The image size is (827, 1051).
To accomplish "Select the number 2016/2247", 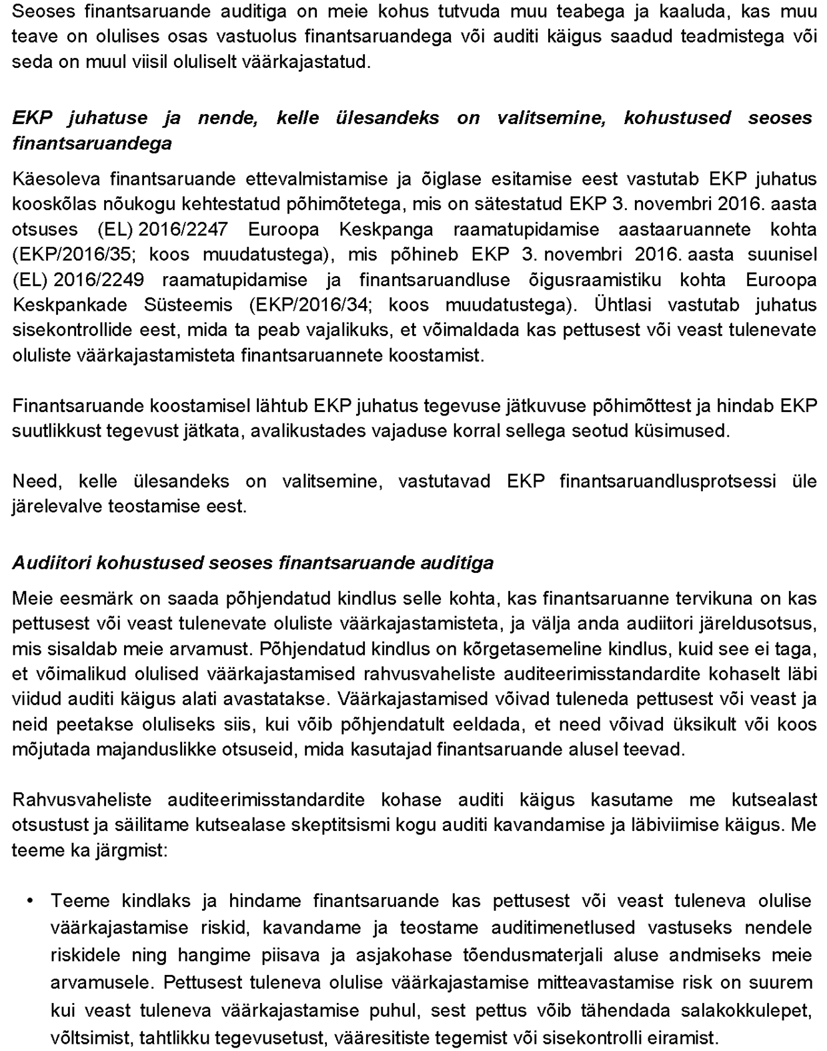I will [x=183, y=229].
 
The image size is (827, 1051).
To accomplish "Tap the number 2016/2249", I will [x=98, y=280].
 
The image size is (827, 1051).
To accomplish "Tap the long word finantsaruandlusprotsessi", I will [x=667, y=481].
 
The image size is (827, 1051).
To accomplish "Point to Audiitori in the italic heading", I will [x=52, y=563].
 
